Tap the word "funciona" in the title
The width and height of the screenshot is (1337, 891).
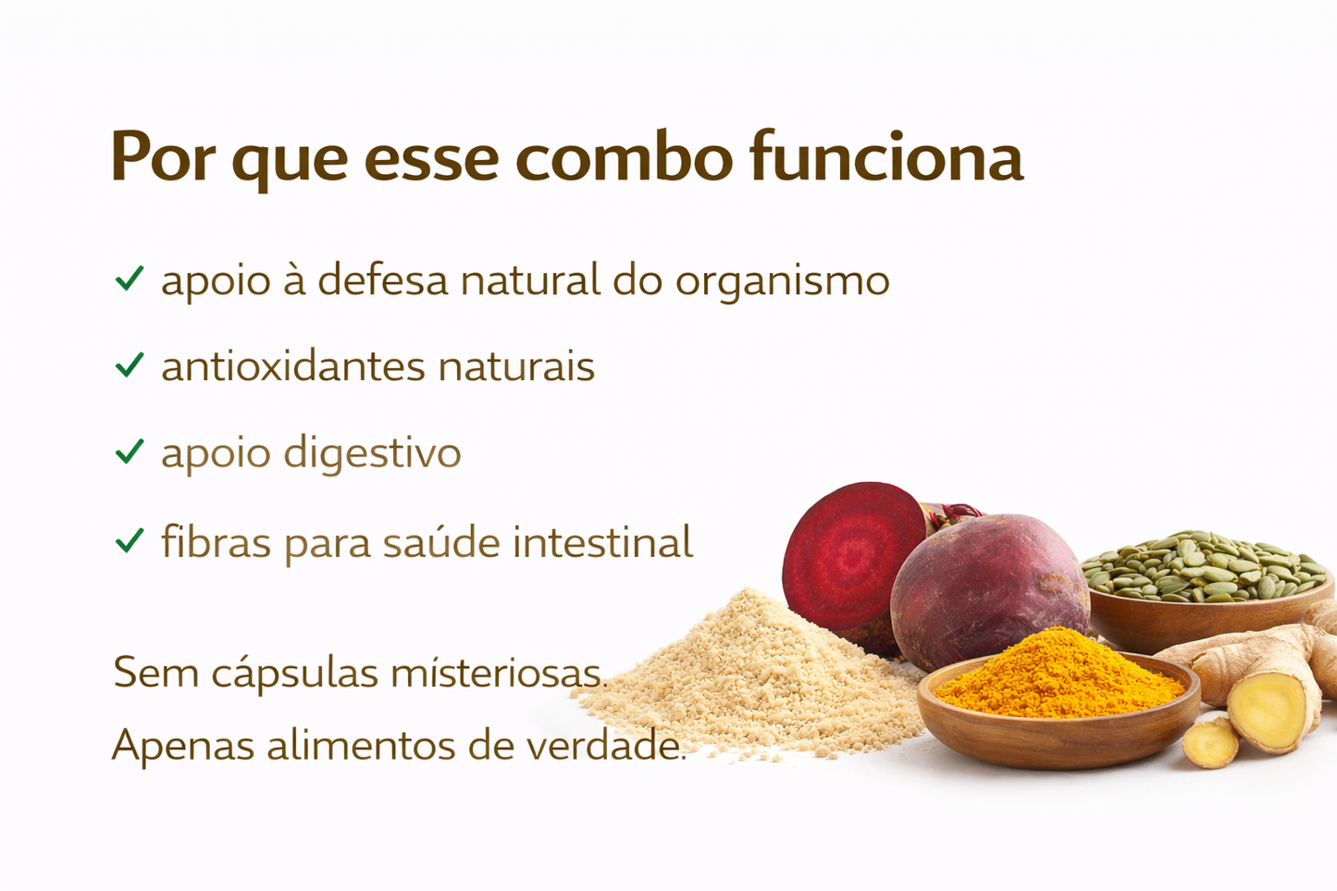click(x=886, y=157)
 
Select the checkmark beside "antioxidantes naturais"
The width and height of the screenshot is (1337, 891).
click(x=130, y=365)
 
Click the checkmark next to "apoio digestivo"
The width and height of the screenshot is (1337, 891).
click(x=130, y=452)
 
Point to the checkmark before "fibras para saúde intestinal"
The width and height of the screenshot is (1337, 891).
click(x=130, y=539)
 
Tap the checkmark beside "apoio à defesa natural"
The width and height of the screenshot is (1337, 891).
click(x=130, y=278)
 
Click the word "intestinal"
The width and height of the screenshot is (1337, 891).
click(x=602, y=542)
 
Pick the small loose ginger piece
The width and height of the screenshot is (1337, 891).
click(x=1210, y=742)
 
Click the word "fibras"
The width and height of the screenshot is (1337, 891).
click(x=216, y=542)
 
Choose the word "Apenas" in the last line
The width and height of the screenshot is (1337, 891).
click(x=182, y=745)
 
